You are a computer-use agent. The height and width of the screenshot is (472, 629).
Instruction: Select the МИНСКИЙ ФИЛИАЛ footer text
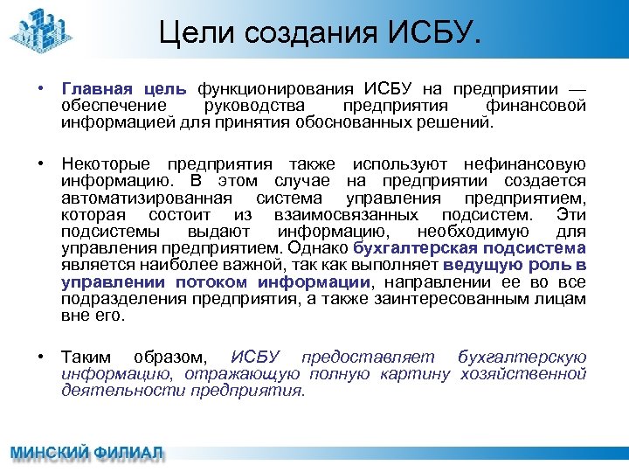86,455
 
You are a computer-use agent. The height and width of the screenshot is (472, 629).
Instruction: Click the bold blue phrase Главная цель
124,89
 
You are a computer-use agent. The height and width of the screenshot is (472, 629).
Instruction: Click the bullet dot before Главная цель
41,89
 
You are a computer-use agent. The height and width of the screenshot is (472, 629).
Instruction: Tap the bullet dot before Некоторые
41,164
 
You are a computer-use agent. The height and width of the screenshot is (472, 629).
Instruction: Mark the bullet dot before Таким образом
41,357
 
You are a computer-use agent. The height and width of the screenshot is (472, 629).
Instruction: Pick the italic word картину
414,374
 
